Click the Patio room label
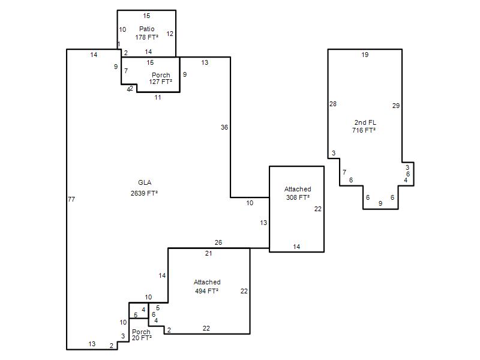(146, 29)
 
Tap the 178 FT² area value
(147, 37)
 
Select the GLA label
(145, 182)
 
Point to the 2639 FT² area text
(144, 193)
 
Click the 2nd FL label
(365, 122)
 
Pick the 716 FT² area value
(364, 130)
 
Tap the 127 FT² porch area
(160, 82)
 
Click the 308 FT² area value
(298, 197)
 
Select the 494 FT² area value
(206, 291)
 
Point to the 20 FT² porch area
(142, 338)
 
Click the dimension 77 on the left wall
(71, 199)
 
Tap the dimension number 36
(224, 127)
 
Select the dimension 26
(218, 242)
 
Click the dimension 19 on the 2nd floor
(365, 55)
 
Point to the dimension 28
(333, 104)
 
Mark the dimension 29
(396, 106)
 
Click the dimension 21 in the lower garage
(208, 253)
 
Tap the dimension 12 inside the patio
(170, 34)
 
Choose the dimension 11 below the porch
(158, 97)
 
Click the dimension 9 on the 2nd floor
(380, 203)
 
